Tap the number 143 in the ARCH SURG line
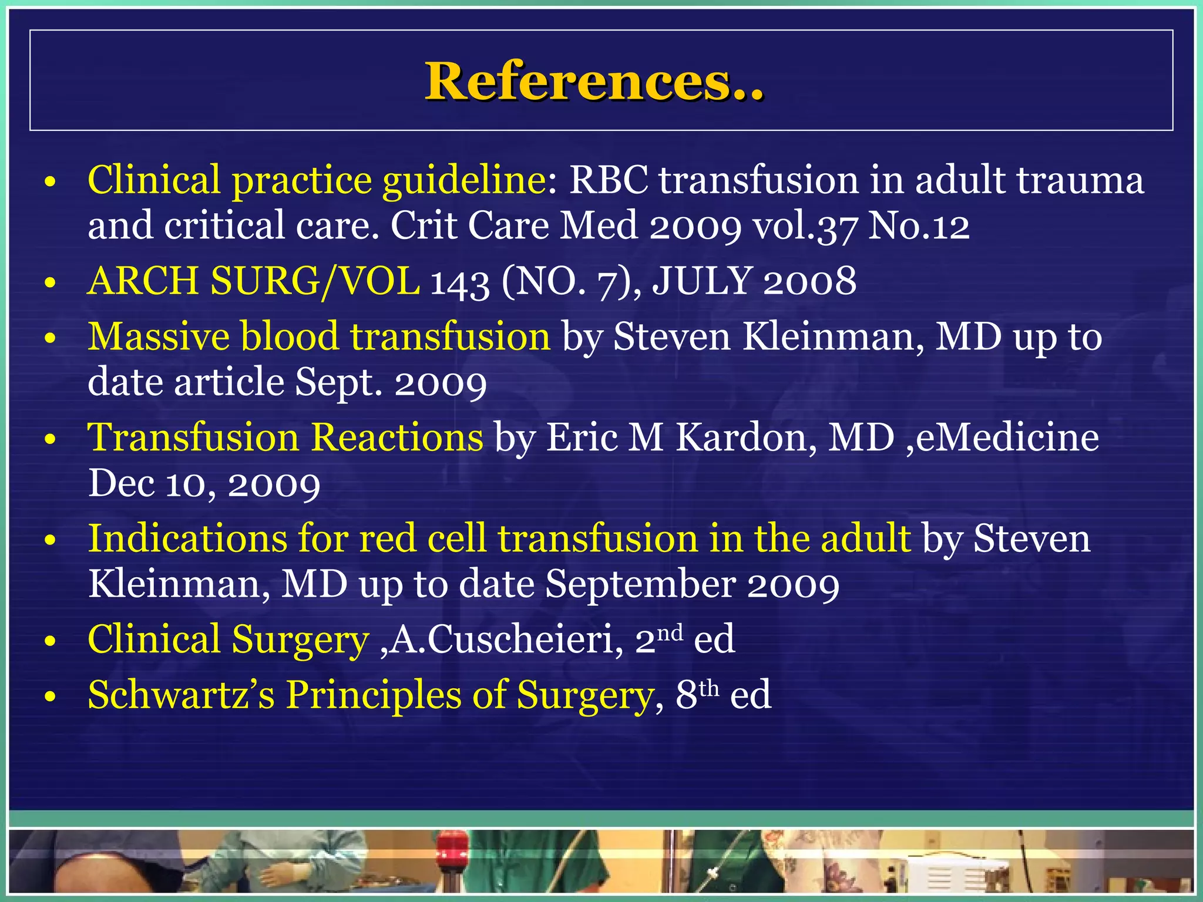click(x=460, y=282)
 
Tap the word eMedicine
click(x=1007, y=437)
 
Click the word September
click(x=641, y=584)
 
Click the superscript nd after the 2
click(x=669, y=632)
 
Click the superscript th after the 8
click(x=709, y=688)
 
